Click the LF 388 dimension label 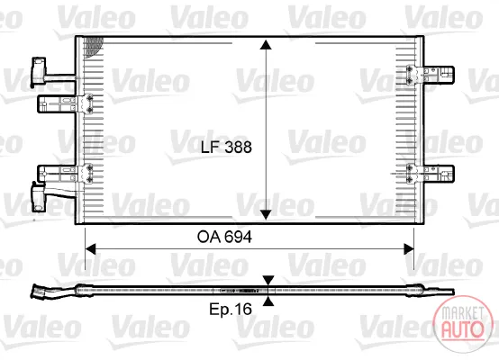pyautogui.click(x=226, y=148)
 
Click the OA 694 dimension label pyautogui.click(x=224, y=237)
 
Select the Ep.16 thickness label pyautogui.click(x=231, y=309)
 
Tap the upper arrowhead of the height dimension pyautogui.click(x=266, y=45)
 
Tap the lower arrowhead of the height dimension pyautogui.click(x=266, y=215)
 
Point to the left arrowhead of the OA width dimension pyautogui.click(x=90, y=249)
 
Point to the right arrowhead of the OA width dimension pyautogui.click(x=409, y=249)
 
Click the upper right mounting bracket pyautogui.click(x=431, y=75)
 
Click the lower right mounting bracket pyautogui.click(x=431, y=174)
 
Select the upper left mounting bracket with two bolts pyautogui.click(x=65, y=103)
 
